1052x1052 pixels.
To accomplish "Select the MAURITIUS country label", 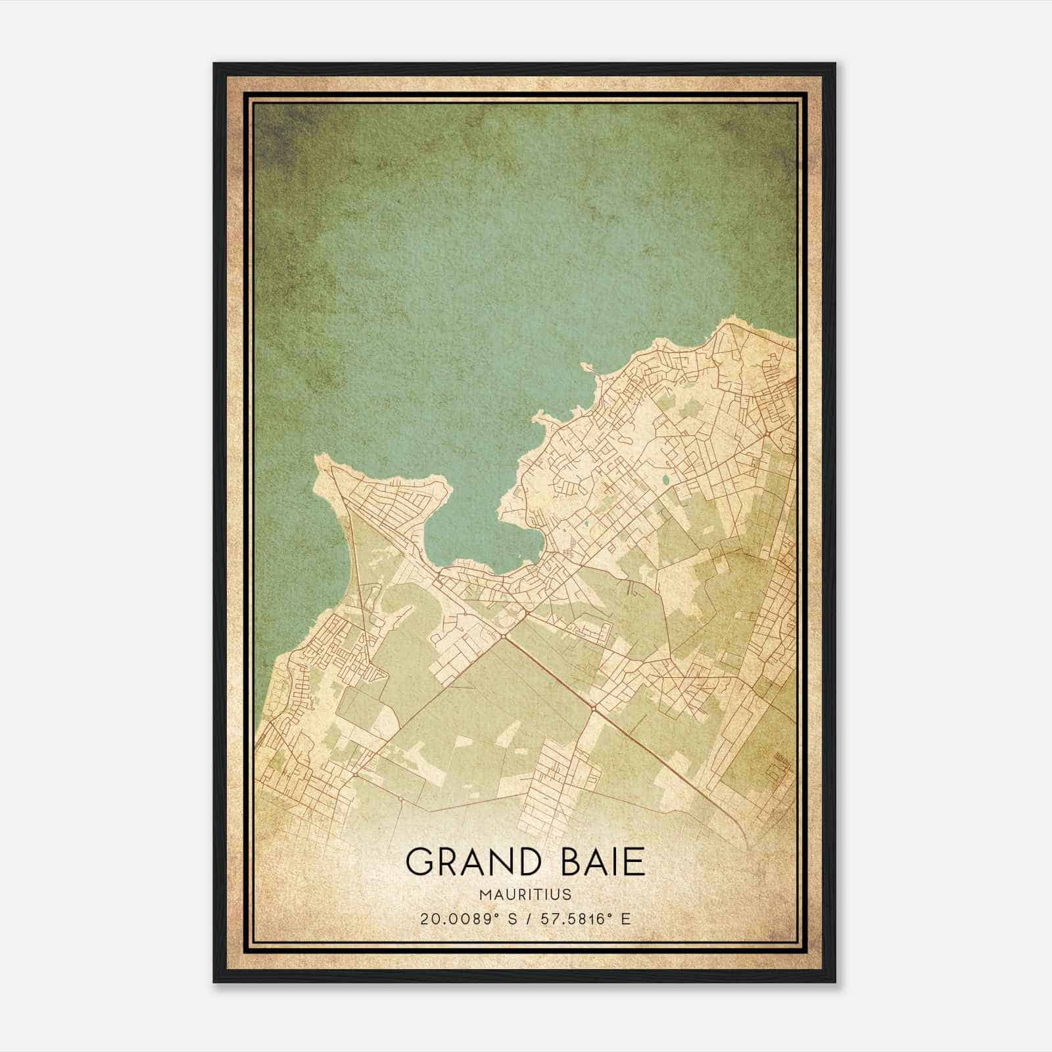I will [x=525, y=894].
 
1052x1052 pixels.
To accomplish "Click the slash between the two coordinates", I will [x=525, y=919].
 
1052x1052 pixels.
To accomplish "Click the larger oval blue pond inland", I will [x=666, y=480].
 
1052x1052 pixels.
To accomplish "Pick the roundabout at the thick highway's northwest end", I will [x=504, y=635].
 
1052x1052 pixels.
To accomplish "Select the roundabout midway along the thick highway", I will [x=593, y=708].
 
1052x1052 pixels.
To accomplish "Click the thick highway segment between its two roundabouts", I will [x=548, y=671].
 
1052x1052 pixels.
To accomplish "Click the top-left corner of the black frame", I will [x=215, y=64].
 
